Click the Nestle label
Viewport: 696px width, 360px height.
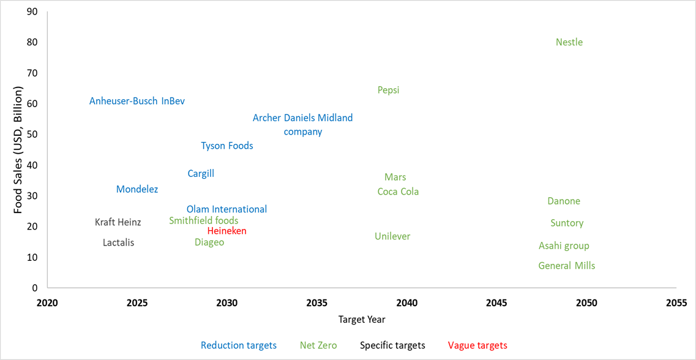569,42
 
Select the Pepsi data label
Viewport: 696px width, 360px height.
388,90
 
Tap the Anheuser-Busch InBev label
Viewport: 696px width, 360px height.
137,101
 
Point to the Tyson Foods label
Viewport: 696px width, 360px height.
227,146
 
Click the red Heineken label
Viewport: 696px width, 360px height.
226,231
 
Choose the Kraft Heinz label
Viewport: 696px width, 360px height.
118,222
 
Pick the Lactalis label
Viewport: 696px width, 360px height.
118,242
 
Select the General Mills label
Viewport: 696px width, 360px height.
566,266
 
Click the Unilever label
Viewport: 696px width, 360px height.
392,236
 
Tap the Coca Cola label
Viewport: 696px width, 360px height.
398,192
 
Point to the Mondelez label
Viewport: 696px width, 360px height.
137,189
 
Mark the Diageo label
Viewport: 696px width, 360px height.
209,242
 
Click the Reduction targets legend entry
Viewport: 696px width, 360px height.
239,345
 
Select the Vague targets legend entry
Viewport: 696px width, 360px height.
477,345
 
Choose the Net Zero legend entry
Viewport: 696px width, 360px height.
318,345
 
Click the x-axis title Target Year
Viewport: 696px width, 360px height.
362,319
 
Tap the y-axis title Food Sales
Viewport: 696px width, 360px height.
18,149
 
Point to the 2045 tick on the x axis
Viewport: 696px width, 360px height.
496,303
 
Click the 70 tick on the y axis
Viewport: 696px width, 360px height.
31,73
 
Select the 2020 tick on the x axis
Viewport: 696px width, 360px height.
47,303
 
